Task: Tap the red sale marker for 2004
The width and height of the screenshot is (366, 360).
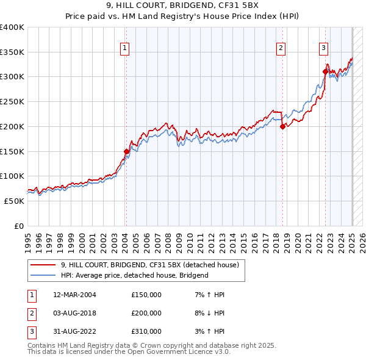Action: [126, 151]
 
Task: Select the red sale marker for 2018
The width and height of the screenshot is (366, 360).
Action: [283, 126]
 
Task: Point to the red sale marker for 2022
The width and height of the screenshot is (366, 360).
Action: [325, 72]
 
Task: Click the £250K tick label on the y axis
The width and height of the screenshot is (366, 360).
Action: [12, 102]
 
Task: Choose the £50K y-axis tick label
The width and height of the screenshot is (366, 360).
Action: [15, 201]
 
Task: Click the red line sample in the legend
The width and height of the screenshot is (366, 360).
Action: [43, 265]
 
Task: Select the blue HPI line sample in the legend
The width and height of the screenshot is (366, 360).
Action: [43, 275]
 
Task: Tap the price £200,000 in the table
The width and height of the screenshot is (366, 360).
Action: [146, 313]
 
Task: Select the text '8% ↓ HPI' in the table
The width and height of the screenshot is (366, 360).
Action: [208, 313]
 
